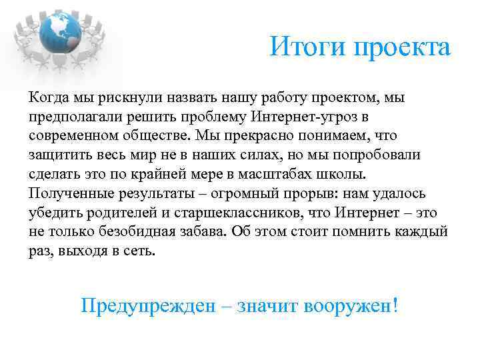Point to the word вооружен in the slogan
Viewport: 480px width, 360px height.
(x=348, y=306)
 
